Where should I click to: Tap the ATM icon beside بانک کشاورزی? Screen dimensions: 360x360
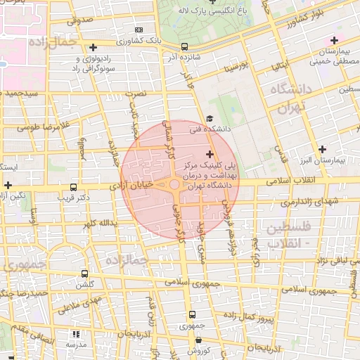[139, 30]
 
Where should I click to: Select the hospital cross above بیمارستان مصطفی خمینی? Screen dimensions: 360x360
[333, 39]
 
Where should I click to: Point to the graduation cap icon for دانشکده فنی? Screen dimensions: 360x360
[209, 118]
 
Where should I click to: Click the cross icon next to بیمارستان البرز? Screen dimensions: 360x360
[322, 149]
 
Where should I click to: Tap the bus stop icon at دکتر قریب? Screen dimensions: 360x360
[74, 188]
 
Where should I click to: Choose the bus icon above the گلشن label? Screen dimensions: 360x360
[85, 274]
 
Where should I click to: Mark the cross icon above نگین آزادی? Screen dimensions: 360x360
[8, 185]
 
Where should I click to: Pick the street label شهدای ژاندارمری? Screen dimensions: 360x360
[309, 202]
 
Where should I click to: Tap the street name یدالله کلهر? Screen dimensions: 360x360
[96, 224]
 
